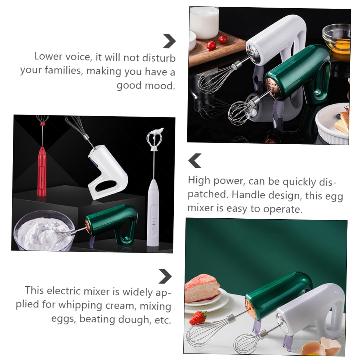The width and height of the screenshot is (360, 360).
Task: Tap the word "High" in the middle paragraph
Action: (x=199, y=180)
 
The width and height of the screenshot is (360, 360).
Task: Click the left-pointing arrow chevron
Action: (x=195, y=160)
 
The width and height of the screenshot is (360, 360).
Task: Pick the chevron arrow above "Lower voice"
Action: (x=169, y=41)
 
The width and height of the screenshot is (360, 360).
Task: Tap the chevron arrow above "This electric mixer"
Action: (x=165, y=276)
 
